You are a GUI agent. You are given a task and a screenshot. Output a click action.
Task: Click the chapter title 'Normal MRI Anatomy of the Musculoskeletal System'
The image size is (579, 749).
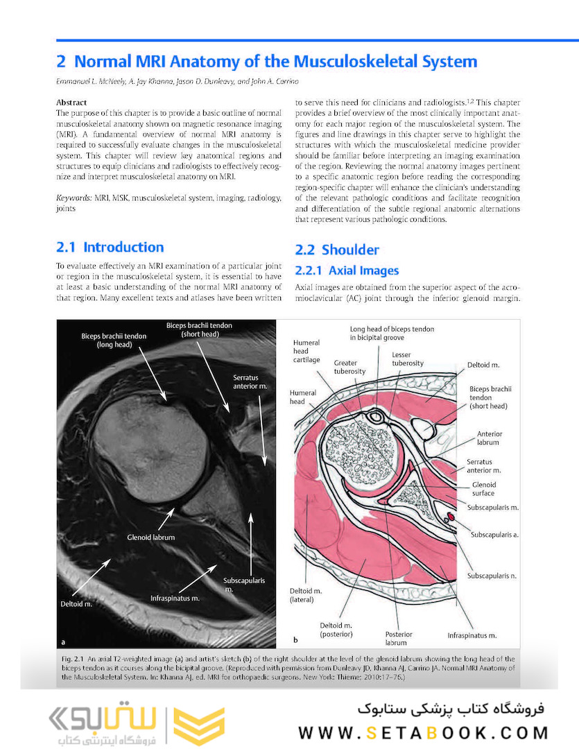[x=275, y=62]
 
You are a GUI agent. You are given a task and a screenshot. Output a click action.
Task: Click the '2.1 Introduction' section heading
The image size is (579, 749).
[x=110, y=248]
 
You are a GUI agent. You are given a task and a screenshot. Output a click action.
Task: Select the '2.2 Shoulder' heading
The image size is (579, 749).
[x=337, y=250]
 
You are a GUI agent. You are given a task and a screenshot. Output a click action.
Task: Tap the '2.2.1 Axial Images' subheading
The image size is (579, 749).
[x=347, y=270]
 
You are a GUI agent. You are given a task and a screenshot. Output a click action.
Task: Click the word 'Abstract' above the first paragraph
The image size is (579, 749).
[x=71, y=102]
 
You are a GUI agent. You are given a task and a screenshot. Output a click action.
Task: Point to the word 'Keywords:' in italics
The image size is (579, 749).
[x=74, y=198]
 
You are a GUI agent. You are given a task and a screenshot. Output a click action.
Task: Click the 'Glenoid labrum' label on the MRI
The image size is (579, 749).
[x=150, y=537]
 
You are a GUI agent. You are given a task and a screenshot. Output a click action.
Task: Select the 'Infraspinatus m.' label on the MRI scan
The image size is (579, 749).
[x=175, y=597]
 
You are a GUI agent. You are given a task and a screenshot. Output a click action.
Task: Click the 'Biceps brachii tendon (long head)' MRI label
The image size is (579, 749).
[x=109, y=340]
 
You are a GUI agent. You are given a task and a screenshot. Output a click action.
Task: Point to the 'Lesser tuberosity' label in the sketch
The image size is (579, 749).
[x=407, y=359]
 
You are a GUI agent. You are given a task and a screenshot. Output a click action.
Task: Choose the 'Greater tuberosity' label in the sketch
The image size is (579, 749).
[x=349, y=366]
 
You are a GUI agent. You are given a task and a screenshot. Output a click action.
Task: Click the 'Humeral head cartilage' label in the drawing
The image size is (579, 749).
[x=306, y=351]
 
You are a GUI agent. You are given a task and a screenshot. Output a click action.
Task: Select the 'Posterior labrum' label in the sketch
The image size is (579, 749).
[x=399, y=638]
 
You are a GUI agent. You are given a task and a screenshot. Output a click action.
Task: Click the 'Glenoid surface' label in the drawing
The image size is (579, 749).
[x=483, y=489]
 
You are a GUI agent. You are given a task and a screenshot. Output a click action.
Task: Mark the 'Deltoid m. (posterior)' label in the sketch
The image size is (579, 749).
[x=336, y=628]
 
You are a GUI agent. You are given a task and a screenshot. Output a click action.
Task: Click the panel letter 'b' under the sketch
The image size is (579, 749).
[x=295, y=639]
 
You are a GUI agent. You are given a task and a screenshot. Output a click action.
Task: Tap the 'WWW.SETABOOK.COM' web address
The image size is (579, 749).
[x=424, y=733]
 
